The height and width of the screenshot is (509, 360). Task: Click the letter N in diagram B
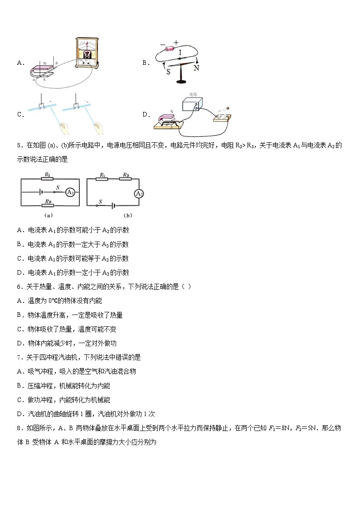tap(196, 68)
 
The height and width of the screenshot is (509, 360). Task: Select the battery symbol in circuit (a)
tap(42, 192)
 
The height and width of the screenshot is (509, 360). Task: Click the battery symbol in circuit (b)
tap(111, 206)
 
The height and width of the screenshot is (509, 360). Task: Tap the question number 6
tap(19, 286)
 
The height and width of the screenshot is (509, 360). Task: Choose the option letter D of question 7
tap(20, 414)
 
